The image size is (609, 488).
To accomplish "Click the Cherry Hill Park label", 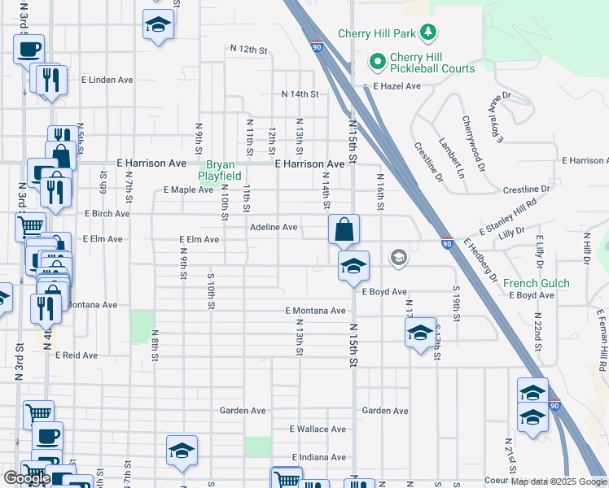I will tap(378, 34).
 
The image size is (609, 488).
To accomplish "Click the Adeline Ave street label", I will tap(274, 228).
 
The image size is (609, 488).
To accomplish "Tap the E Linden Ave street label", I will tap(107, 81).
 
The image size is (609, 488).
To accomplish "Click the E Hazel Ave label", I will tap(397, 86).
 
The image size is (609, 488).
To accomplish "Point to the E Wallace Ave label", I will tap(318, 429).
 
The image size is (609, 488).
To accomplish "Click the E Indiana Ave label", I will tap(318, 458).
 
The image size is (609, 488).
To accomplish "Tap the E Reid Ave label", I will tap(77, 355).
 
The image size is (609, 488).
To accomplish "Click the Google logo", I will tap(27, 478).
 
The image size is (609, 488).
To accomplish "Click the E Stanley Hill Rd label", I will tap(509, 217).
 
